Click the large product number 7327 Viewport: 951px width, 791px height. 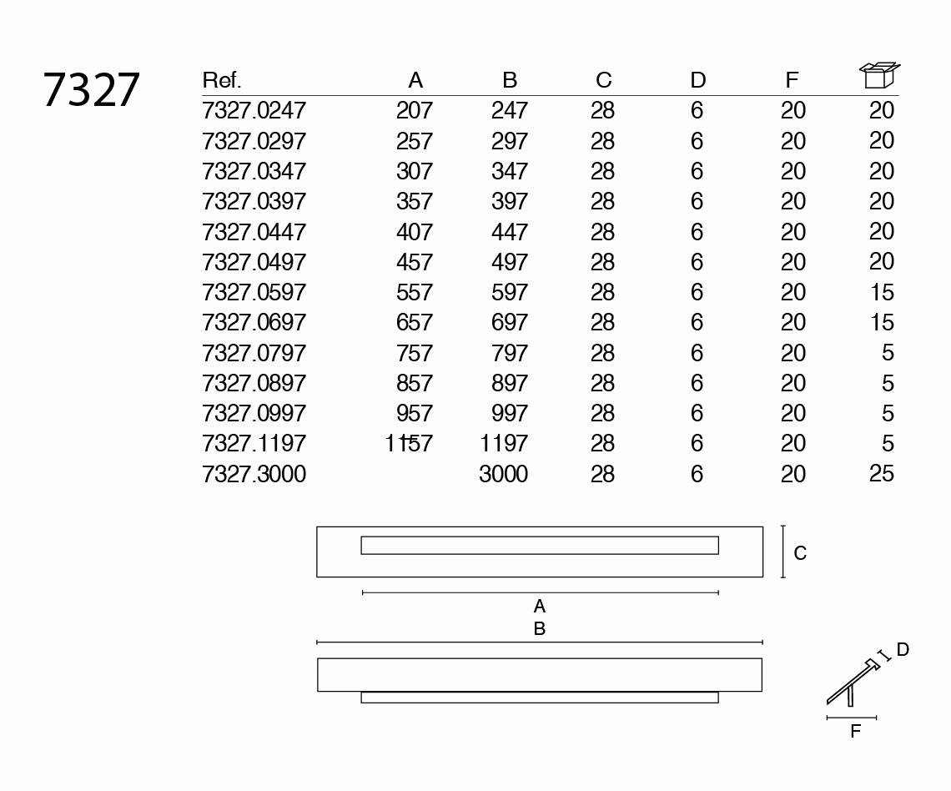pyautogui.click(x=91, y=90)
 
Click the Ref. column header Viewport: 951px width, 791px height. pyautogui.click(x=221, y=80)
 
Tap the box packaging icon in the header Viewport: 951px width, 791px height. pyautogui.click(x=879, y=75)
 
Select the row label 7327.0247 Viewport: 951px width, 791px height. pyautogui.click(x=254, y=110)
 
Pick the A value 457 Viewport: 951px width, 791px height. pyautogui.click(x=415, y=262)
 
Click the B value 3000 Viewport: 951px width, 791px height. pyautogui.click(x=503, y=474)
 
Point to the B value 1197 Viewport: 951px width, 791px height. pyautogui.click(x=504, y=444)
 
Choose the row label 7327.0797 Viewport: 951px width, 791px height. pyautogui.click(x=254, y=353)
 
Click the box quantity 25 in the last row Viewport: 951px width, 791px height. pyautogui.click(x=881, y=474)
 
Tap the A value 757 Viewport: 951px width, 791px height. pyautogui.click(x=415, y=353)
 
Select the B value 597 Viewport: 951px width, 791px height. pyautogui.click(x=510, y=292)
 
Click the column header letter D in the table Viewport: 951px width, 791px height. pyautogui.click(x=698, y=80)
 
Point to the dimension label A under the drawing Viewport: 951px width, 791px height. pyautogui.click(x=540, y=606)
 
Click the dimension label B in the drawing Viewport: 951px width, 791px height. pyautogui.click(x=540, y=628)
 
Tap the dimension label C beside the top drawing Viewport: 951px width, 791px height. pyautogui.click(x=800, y=553)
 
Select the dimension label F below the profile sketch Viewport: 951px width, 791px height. pyautogui.click(x=855, y=732)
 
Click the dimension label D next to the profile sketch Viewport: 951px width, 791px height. pyautogui.click(x=903, y=649)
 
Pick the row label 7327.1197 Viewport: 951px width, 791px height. pyautogui.click(x=254, y=444)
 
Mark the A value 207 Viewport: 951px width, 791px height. pyautogui.click(x=415, y=110)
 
